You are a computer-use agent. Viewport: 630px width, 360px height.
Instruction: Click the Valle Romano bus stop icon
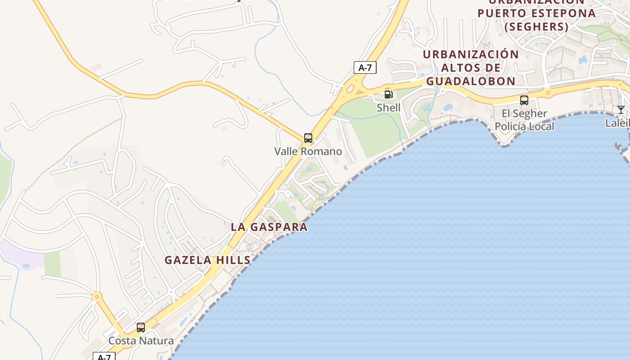(x=308, y=138)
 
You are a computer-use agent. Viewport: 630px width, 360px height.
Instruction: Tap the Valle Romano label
(x=308, y=151)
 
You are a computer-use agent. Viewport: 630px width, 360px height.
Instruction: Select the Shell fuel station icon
(x=389, y=94)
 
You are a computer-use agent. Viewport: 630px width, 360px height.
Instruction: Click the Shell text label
(x=389, y=108)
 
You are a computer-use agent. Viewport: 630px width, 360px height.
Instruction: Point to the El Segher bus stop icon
(x=524, y=100)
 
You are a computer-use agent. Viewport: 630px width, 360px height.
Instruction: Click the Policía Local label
(x=524, y=126)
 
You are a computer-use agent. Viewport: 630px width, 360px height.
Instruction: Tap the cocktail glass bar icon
(x=621, y=109)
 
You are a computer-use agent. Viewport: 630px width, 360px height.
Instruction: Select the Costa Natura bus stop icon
(x=141, y=328)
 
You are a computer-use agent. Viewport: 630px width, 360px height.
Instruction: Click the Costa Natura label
(x=141, y=341)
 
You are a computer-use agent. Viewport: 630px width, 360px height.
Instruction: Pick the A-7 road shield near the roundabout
(x=365, y=68)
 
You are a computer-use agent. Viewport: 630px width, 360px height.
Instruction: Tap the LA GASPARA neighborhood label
(x=269, y=227)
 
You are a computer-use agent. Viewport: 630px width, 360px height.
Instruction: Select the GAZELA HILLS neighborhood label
(x=207, y=260)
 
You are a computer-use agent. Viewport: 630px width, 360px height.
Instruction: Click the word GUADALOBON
(x=471, y=81)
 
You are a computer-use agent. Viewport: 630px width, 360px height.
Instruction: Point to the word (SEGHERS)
(x=536, y=27)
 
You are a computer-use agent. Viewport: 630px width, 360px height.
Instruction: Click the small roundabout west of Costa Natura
(x=96, y=297)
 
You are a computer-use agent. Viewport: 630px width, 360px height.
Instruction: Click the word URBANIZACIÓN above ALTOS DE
(x=471, y=54)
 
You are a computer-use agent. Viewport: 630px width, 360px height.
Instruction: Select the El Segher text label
(x=524, y=113)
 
